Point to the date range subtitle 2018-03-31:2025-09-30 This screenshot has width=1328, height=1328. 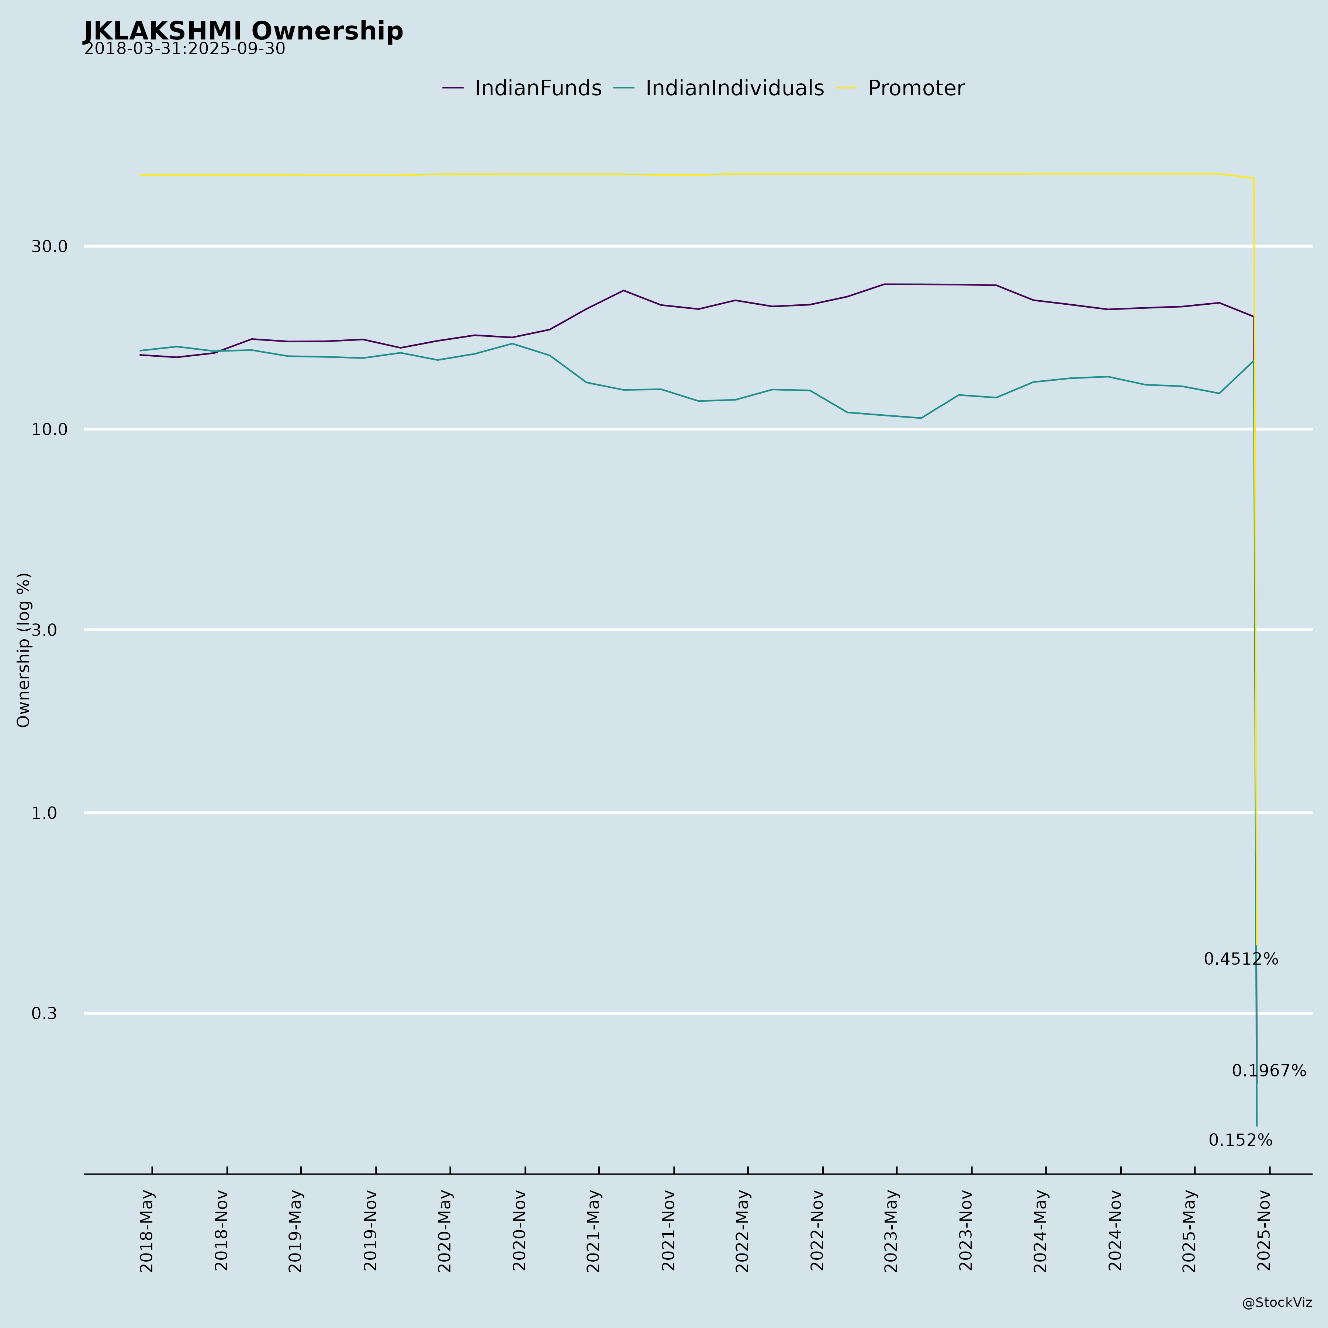coord(184,49)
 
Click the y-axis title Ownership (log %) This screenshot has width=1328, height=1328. coord(24,650)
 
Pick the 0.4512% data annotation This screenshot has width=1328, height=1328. coord(1241,959)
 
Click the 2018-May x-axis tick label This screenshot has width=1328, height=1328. coord(147,1230)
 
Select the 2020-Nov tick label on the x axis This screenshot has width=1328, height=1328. coord(521,1230)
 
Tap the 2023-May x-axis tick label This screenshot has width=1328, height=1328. coord(892,1230)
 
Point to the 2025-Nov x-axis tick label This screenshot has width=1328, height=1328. coord(1265,1230)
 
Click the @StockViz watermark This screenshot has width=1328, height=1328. coord(1276,1303)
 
